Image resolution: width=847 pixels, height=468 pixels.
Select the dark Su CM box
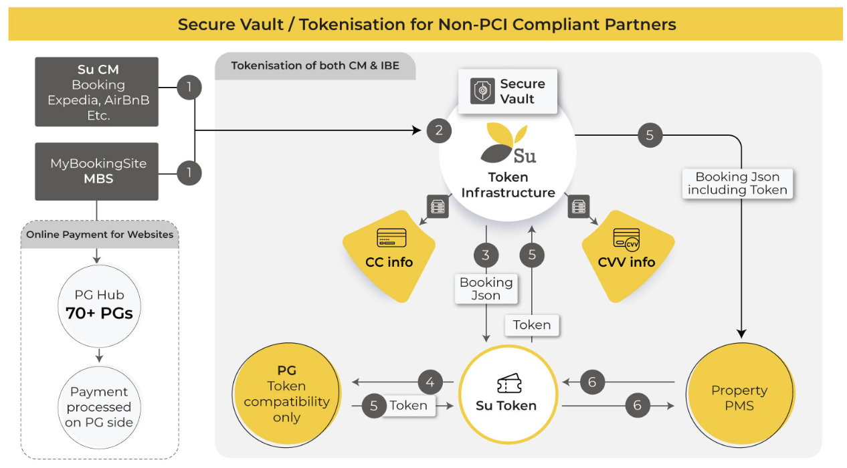[97, 92]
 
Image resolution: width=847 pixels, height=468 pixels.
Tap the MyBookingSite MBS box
[97, 171]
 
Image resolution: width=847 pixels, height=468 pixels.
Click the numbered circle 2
[439, 130]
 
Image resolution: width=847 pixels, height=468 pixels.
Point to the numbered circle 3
[486, 255]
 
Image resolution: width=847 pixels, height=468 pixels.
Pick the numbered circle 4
[430, 382]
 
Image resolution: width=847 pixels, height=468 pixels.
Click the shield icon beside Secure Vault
[482, 91]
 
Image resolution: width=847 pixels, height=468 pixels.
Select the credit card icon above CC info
[392, 237]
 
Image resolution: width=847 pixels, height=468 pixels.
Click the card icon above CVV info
[626, 238]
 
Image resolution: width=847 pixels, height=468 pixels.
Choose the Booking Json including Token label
[737, 183]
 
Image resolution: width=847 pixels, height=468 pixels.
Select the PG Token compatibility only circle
[286, 394]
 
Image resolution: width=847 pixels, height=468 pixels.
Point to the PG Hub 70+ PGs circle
[99, 305]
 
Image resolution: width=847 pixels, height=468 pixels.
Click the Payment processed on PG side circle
[99, 406]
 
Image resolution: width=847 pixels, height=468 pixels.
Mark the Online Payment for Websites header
[100, 235]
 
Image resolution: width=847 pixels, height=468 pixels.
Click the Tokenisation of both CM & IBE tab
[314, 66]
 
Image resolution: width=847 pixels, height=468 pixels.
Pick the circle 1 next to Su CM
[189, 87]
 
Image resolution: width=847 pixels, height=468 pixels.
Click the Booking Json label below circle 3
[486, 289]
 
